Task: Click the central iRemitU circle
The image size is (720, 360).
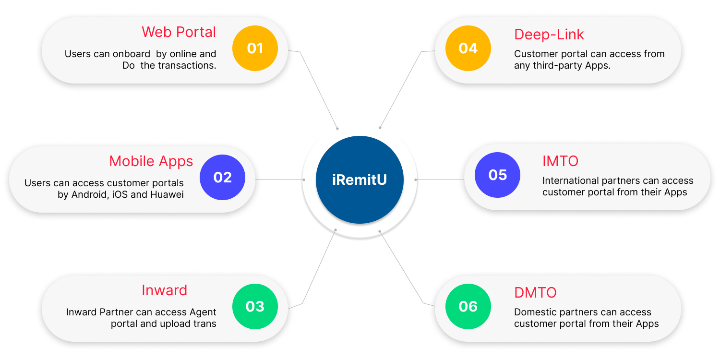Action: pos(360,180)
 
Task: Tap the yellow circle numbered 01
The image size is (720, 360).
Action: pos(255,48)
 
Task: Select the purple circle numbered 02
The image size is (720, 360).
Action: pos(222,177)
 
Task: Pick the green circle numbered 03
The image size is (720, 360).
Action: pos(255,306)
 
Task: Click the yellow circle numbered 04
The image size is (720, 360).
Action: pos(468,48)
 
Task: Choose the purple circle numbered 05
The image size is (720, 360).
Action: pos(497,175)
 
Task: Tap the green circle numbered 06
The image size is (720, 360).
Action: pos(468,306)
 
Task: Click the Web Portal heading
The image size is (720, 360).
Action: pos(179,32)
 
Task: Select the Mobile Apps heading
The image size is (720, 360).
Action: pos(151,161)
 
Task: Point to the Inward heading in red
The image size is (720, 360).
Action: pos(164,290)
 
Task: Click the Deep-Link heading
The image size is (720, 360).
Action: pos(549,34)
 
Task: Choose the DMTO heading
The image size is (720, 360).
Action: pos(535,292)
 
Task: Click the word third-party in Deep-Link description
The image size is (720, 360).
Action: pos(551,66)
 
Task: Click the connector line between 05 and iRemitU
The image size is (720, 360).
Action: pos(439,180)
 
